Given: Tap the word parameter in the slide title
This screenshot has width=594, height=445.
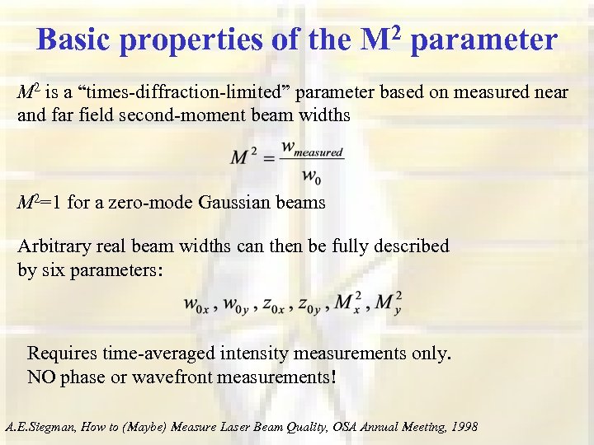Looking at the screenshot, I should (x=482, y=39).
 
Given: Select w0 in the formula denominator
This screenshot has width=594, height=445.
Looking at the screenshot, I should (x=311, y=175).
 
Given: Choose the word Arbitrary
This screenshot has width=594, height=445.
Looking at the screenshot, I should (x=52, y=246).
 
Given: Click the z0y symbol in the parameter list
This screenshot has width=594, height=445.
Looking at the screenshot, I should (x=309, y=305).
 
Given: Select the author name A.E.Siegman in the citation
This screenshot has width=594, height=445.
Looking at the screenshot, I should (x=40, y=427).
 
